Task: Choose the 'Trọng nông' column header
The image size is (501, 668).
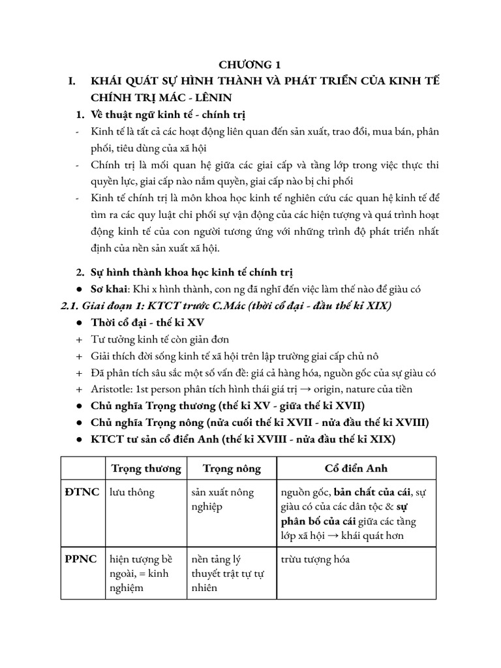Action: point(232,469)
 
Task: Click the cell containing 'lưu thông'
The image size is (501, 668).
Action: point(132,492)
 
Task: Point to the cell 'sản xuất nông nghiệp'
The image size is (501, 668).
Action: point(222,499)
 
